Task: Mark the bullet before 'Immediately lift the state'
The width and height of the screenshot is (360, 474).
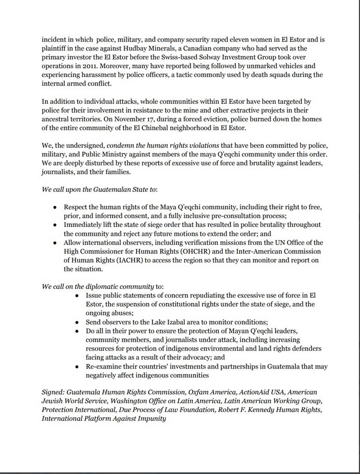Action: tap(55, 225)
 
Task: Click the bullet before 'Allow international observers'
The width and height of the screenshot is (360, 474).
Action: tap(55, 243)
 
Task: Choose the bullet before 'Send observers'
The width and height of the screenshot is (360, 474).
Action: tap(77, 322)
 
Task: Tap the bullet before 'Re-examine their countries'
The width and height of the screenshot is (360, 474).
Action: tap(77, 366)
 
